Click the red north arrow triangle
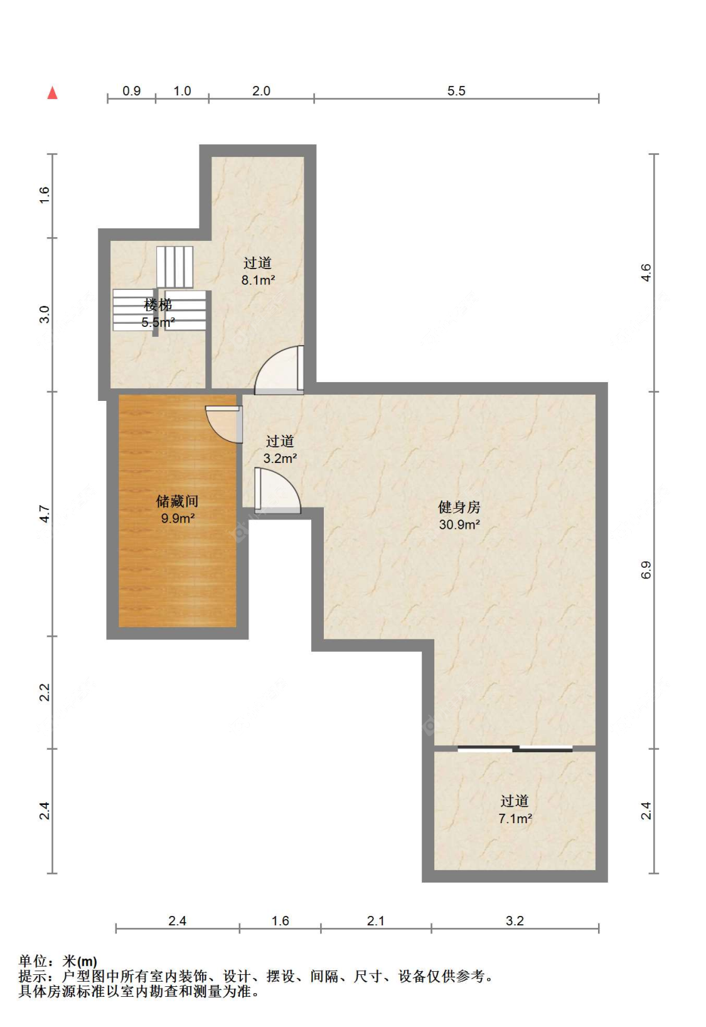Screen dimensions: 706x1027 (52, 93)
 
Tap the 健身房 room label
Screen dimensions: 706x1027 (459, 507)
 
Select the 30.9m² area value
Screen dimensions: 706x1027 (459, 524)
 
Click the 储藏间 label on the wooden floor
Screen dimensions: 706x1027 (177, 501)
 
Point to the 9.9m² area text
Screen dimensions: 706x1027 (178, 519)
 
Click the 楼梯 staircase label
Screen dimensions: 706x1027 (158, 304)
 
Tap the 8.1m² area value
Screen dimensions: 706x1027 (258, 280)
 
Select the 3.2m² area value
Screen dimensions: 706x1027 (280, 458)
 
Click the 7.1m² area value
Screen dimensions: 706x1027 (515, 818)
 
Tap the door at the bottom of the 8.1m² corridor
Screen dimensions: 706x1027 (279, 370)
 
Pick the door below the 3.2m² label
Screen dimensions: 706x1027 (277, 489)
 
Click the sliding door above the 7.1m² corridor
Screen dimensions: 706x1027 (515, 749)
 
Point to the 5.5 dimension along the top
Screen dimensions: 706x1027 (456, 91)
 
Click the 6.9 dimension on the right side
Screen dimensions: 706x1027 (646, 570)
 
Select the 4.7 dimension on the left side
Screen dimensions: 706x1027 (44, 513)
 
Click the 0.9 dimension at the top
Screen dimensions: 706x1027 (132, 91)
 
